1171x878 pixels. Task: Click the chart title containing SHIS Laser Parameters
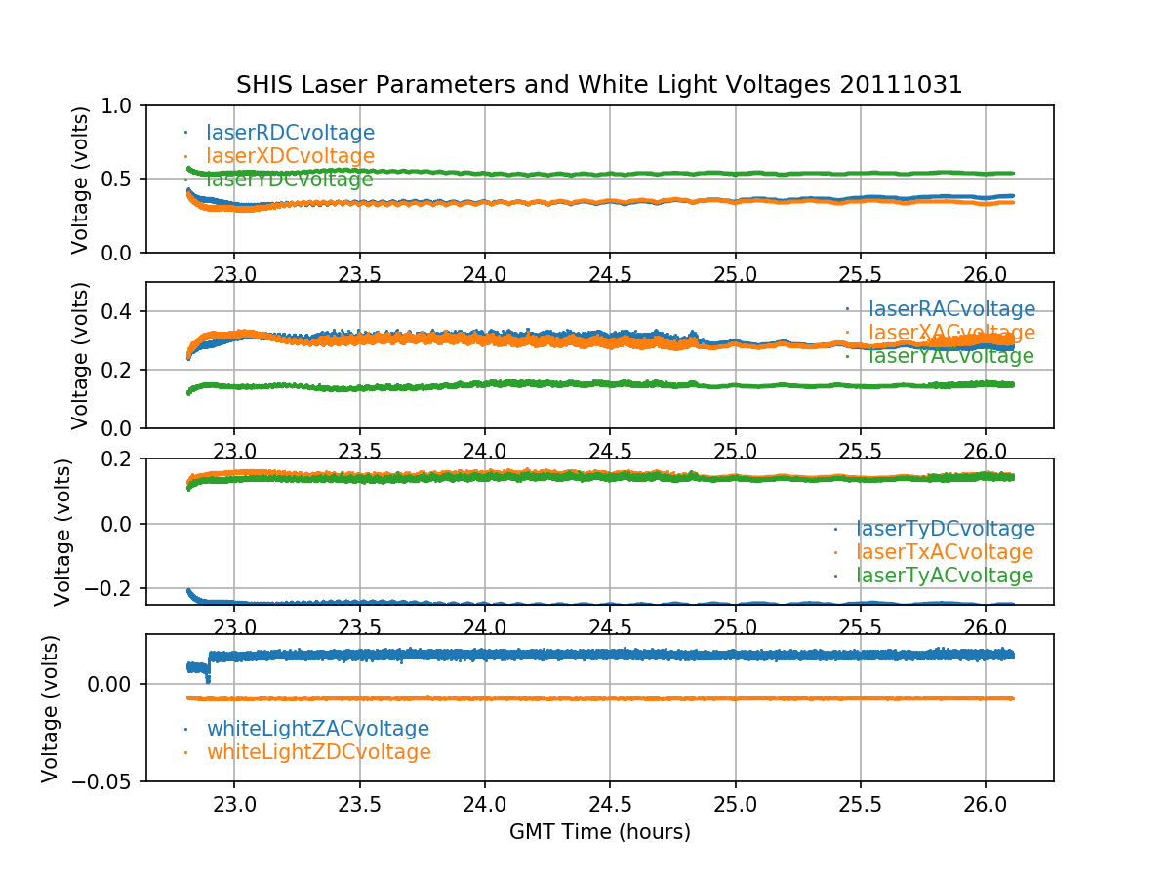click(x=599, y=85)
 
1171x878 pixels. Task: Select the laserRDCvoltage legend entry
click(x=290, y=133)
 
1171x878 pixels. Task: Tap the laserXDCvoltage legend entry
click(x=290, y=156)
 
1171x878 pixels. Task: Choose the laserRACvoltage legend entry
click(x=951, y=310)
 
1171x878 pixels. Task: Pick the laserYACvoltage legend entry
click(x=950, y=357)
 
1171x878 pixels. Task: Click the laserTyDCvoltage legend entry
click(x=945, y=529)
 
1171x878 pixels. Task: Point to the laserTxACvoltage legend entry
click(x=944, y=552)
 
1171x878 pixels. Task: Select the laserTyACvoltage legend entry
click(x=944, y=576)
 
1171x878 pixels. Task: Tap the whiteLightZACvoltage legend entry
click(x=317, y=729)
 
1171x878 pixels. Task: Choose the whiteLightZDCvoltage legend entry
click(x=318, y=752)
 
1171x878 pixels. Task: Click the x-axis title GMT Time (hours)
click(x=599, y=832)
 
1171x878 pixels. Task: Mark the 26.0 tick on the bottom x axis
click(x=986, y=806)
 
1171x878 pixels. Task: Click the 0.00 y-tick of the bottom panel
click(x=111, y=684)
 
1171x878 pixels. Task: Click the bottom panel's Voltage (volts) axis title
click(x=50, y=708)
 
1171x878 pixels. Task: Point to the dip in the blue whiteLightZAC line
click(x=207, y=676)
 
